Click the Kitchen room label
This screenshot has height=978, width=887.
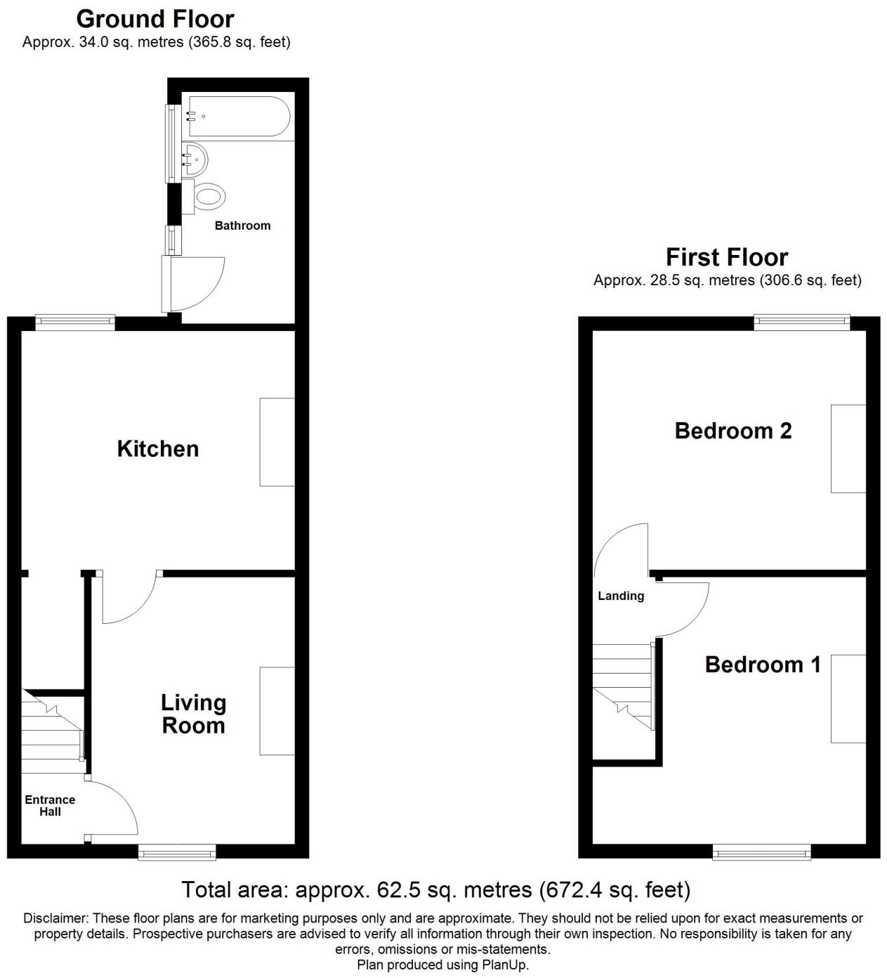point(157,449)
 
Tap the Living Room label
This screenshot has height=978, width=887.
point(193,714)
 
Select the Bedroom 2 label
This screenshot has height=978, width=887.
point(732,431)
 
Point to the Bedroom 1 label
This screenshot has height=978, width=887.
point(762,665)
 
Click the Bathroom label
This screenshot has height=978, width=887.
point(242,226)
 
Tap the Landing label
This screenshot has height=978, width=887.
point(620,596)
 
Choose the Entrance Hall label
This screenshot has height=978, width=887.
point(50,806)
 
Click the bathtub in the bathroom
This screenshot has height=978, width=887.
point(236,116)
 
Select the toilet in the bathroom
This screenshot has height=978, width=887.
point(208,195)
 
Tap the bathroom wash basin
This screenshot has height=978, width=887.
point(194,159)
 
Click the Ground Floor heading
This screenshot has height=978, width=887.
point(155,18)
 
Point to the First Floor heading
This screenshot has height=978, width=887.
point(726,257)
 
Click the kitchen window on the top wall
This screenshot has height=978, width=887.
point(75,322)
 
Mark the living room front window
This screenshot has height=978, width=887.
point(177,853)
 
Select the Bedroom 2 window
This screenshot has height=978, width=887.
point(802,322)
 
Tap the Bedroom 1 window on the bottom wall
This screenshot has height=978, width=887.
point(761,853)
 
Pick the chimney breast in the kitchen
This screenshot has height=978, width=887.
point(277,442)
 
